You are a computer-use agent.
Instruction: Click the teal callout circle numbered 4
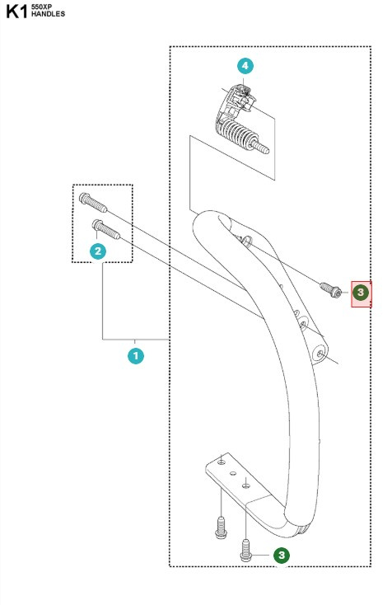click(245, 65)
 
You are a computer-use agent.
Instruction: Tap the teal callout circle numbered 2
click(98, 251)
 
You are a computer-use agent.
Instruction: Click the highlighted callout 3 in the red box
click(361, 292)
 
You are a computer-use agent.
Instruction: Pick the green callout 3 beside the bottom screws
click(282, 556)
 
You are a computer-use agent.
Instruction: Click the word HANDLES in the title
click(49, 15)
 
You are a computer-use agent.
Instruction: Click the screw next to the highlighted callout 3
click(331, 289)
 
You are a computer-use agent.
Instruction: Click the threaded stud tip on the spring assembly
click(266, 149)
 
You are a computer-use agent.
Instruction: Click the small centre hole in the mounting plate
click(233, 474)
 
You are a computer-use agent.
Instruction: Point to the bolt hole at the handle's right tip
click(319, 352)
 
